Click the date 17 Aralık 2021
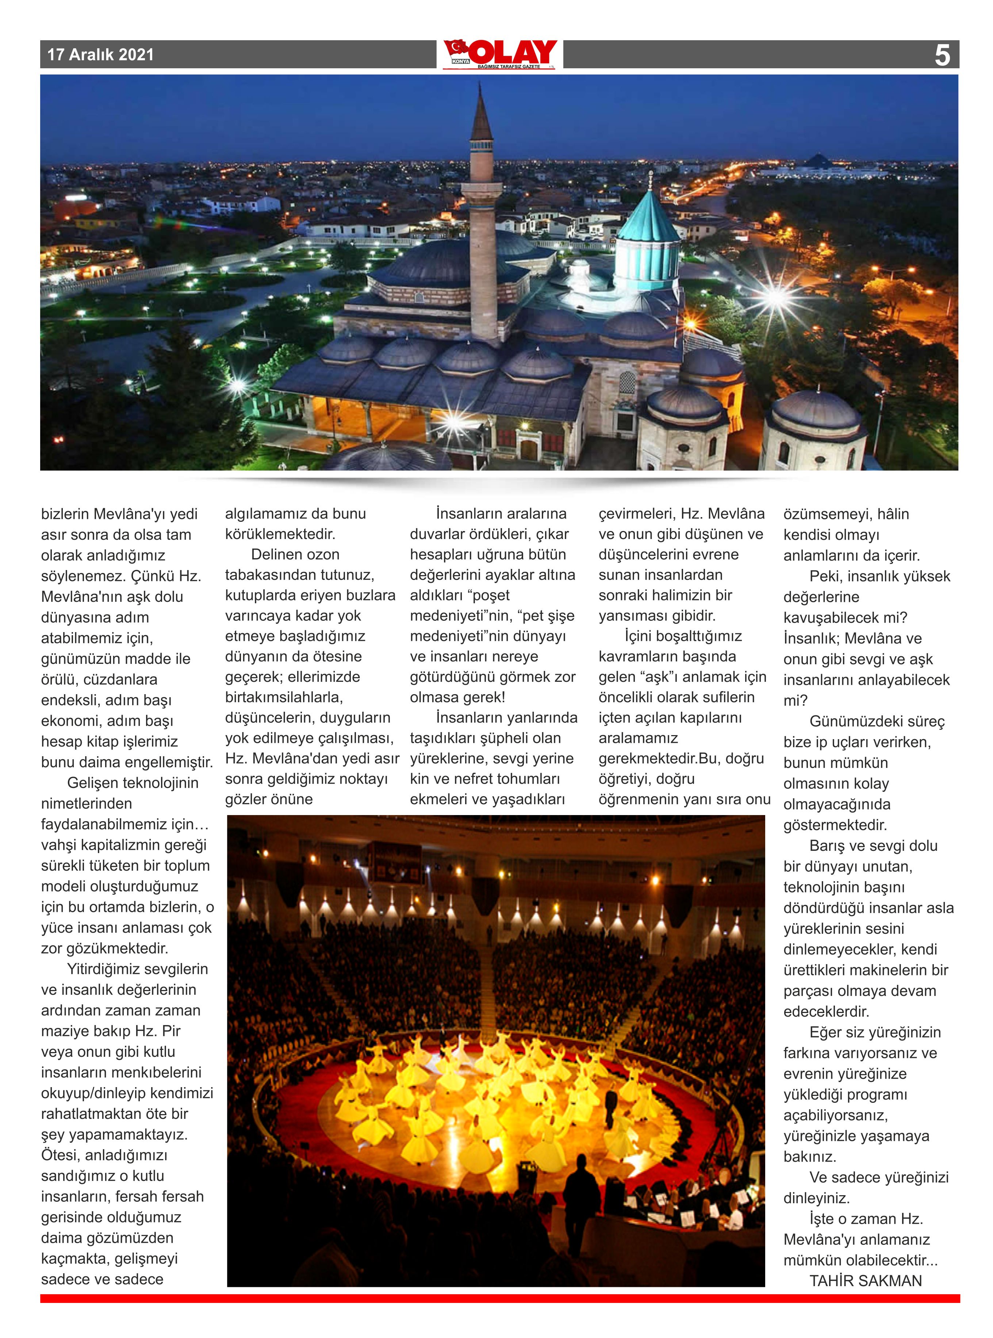pos(100,55)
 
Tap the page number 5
pos(942,55)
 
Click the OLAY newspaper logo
pos(500,54)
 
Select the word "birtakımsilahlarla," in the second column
pos(284,697)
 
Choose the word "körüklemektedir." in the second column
pos(280,534)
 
